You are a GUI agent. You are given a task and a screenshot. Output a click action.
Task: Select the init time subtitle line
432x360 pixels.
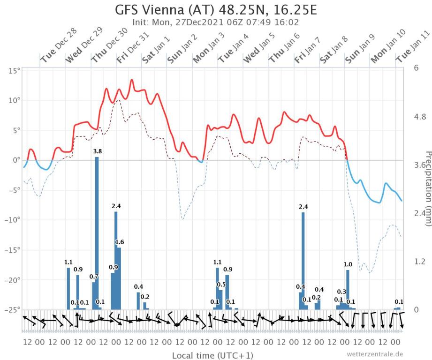tap(216, 22)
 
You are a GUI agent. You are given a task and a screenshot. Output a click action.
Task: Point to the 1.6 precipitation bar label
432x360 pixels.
tap(120, 242)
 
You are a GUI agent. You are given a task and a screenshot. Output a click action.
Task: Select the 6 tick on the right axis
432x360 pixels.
tap(416, 67)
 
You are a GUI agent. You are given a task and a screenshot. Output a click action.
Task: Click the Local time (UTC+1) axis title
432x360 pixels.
tap(212, 355)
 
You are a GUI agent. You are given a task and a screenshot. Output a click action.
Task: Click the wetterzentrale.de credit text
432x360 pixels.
tap(375, 354)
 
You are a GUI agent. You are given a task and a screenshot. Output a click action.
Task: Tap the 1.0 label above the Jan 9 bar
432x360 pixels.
tap(348, 264)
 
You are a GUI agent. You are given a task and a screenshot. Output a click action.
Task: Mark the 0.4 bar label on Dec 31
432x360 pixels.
tap(138, 286)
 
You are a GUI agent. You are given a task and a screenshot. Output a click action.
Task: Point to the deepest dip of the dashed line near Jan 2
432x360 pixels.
tap(182, 219)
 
